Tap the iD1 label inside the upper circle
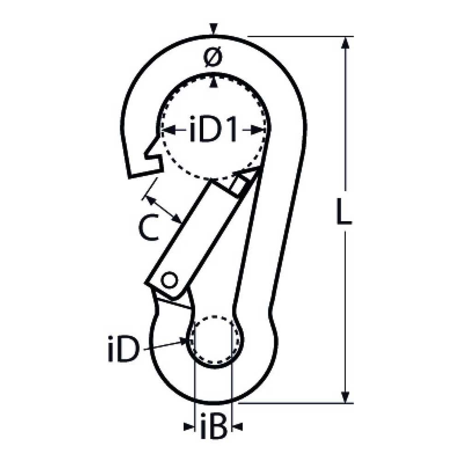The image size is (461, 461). pyautogui.click(x=213, y=131)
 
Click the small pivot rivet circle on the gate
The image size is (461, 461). pyautogui.click(x=170, y=279)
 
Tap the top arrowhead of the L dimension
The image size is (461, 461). pyautogui.click(x=344, y=43)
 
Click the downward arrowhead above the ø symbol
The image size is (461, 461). pyautogui.click(x=213, y=30)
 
